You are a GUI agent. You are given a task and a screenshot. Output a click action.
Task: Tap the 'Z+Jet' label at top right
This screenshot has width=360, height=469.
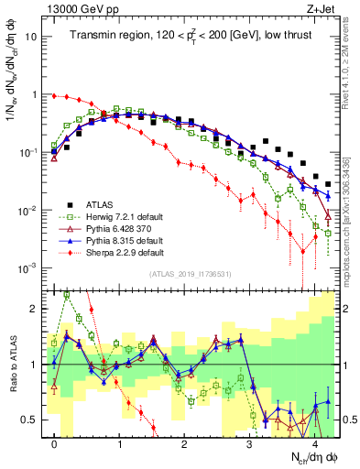coord(321,8)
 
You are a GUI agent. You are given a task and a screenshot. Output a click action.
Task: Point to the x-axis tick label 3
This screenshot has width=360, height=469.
coord(249,442)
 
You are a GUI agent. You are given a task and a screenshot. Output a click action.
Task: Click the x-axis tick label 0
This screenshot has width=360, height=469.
coord(55,442)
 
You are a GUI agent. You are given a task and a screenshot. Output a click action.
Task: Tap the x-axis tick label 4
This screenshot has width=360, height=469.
coord(314,442)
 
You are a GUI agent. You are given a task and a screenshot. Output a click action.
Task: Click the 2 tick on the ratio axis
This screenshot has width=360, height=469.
coord(35,309)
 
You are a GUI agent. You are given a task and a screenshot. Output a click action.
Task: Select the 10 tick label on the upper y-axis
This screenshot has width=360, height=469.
coord(31,37)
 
